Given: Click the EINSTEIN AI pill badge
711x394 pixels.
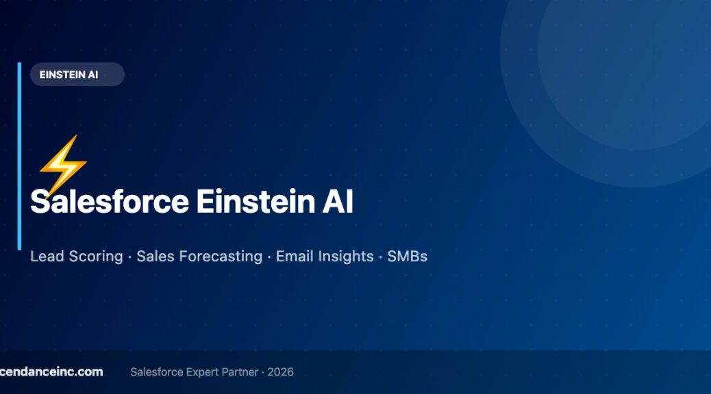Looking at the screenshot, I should click(x=77, y=75).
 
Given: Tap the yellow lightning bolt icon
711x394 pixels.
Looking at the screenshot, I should click(x=62, y=164).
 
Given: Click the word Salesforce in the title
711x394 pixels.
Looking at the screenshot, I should click(x=110, y=202).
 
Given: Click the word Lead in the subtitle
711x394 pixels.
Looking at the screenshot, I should click(x=46, y=257).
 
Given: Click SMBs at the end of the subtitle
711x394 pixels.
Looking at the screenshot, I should click(x=408, y=257).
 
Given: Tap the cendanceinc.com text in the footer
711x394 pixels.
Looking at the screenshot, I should click(x=51, y=372).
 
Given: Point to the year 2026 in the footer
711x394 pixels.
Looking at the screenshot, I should click(x=281, y=372).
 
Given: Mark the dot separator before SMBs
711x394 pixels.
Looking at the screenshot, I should click(x=380, y=257).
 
